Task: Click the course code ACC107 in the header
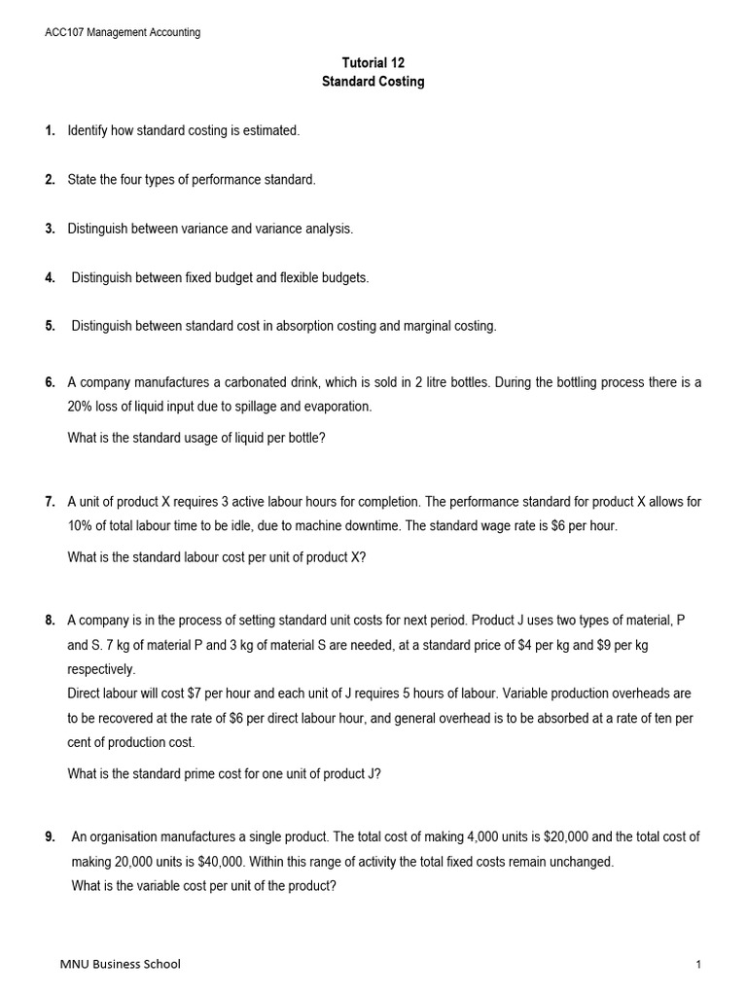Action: point(68,32)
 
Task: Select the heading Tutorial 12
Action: point(373,62)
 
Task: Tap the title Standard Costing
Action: point(373,82)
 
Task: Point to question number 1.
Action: point(50,130)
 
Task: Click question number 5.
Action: point(50,326)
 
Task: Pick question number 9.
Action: point(50,836)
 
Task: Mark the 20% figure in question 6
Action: point(82,407)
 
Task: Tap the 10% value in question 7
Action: point(82,526)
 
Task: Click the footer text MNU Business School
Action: point(120,964)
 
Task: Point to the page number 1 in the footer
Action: point(698,964)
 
